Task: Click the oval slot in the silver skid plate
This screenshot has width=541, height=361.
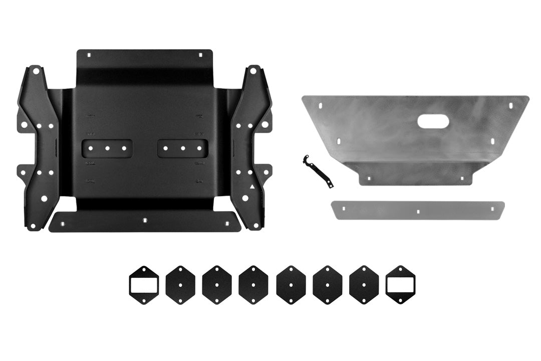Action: (x=433, y=121)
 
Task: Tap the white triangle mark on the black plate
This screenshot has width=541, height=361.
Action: (x=252, y=187)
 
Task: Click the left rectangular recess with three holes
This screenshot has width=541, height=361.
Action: (x=107, y=148)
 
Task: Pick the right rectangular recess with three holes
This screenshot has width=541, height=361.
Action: (x=183, y=148)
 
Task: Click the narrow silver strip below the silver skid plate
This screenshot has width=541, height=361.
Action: (x=417, y=211)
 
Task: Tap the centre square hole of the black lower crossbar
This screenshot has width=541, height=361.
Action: (x=144, y=220)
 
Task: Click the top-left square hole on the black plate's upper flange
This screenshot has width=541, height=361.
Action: (x=89, y=55)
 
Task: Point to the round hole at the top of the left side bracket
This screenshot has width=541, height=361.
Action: (x=35, y=71)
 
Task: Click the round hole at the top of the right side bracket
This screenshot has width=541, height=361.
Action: (x=253, y=71)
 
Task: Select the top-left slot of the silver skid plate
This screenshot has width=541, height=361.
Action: (x=321, y=106)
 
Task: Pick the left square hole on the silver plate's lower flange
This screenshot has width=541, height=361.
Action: (x=369, y=178)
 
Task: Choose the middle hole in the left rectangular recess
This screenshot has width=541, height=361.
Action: (x=107, y=148)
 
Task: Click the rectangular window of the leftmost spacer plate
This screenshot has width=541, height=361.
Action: (x=144, y=285)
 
